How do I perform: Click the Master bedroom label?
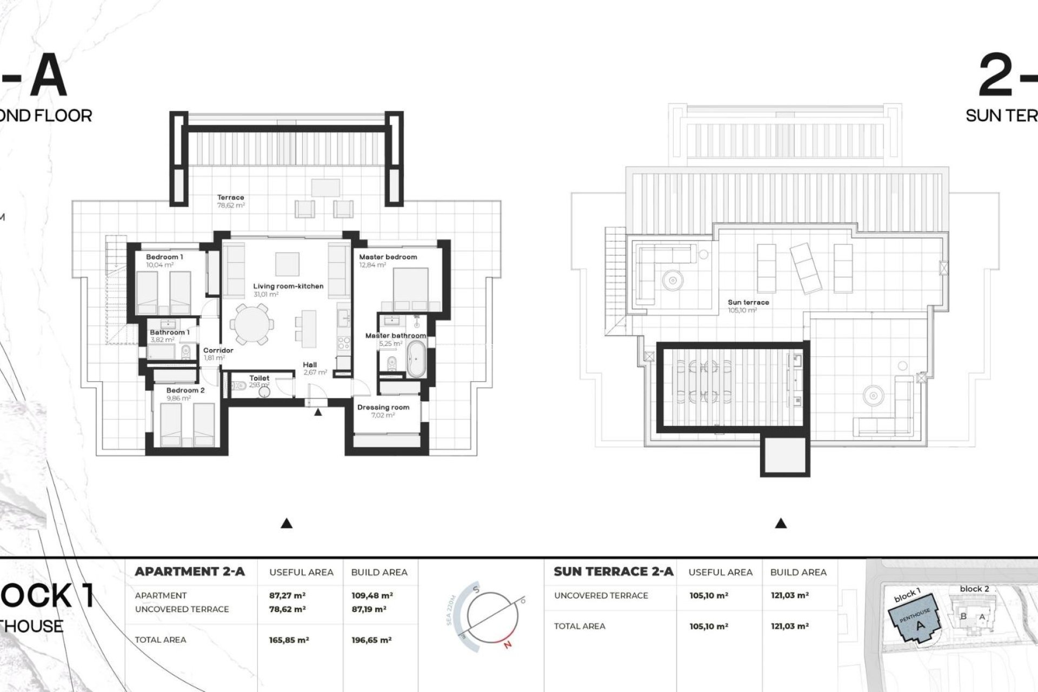[x=388, y=257]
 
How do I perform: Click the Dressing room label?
[x=383, y=408]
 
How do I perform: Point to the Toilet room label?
[x=259, y=378]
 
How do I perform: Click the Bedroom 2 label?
[x=185, y=390]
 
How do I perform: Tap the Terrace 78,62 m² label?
[x=231, y=201]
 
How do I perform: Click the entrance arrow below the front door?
[x=318, y=412]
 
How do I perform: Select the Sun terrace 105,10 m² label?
[x=748, y=306]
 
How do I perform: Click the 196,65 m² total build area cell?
[x=371, y=640]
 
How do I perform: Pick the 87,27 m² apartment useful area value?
[x=287, y=596]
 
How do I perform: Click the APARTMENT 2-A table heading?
[x=190, y=572]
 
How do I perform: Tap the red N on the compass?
[x=507, y=644]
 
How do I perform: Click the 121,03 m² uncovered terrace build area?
[x=789, y=596]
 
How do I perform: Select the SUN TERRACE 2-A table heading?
[x=614, y=572]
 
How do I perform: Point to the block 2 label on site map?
[x=974, y=589]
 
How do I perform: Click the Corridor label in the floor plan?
[x=218, y=350]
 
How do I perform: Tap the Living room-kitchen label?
[x=288, y=287]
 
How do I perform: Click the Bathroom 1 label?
[x=169, y=332]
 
